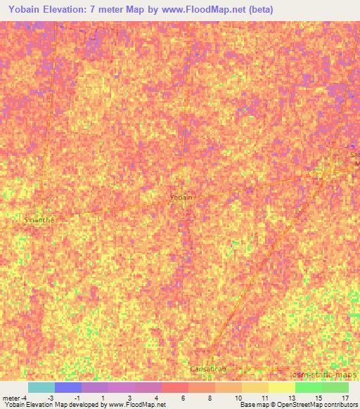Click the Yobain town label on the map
pos(181,197)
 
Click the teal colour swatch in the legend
pos(41,387)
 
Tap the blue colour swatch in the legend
pos(68,387)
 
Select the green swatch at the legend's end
pos(335,387)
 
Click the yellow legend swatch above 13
pos(282,387)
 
